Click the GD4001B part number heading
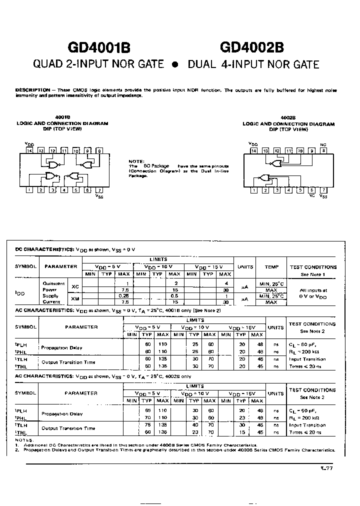tap(99, 47)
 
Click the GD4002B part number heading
tap(252, 47)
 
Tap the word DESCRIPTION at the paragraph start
tap(32, 90)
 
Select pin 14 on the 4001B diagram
tap(29, 150)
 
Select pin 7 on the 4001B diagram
tap(99, 189)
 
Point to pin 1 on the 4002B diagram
tap(254, 190)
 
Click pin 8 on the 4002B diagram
tap(323, 150)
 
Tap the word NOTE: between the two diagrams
tap(136, 161)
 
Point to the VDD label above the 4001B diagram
tap(29, 143)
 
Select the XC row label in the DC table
tap(75, 286)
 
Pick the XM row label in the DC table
tap(75, 298)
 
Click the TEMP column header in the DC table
tap(271, 267)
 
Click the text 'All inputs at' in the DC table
tap(313, 289)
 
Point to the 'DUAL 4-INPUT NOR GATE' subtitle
tap(253, 65)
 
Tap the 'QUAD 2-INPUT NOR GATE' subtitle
tap(98, 64)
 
